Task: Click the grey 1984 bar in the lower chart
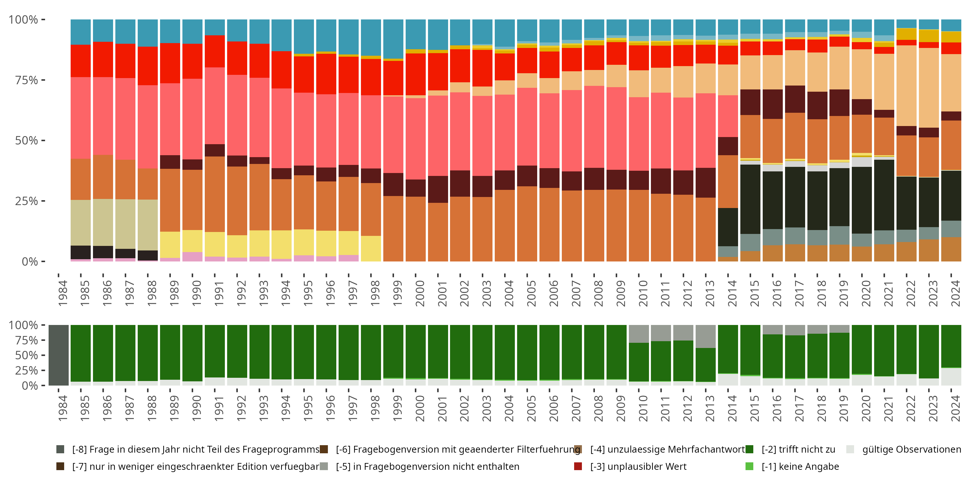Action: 59,355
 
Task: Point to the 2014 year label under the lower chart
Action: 732,408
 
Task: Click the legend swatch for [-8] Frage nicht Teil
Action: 60,449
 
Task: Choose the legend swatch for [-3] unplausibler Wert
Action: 578,466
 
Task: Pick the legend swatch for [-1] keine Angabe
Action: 749,466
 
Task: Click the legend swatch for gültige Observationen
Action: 850,449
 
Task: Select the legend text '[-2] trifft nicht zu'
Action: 798,449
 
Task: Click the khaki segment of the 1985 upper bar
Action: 81,223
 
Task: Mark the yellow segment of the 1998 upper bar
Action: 371,249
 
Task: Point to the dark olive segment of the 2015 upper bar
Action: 750,199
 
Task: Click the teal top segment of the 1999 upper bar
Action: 393,39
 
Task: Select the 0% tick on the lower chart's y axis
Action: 29,386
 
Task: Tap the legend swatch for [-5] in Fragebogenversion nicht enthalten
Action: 324,466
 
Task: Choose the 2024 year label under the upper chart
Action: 955,293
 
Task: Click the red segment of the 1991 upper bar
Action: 215,51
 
